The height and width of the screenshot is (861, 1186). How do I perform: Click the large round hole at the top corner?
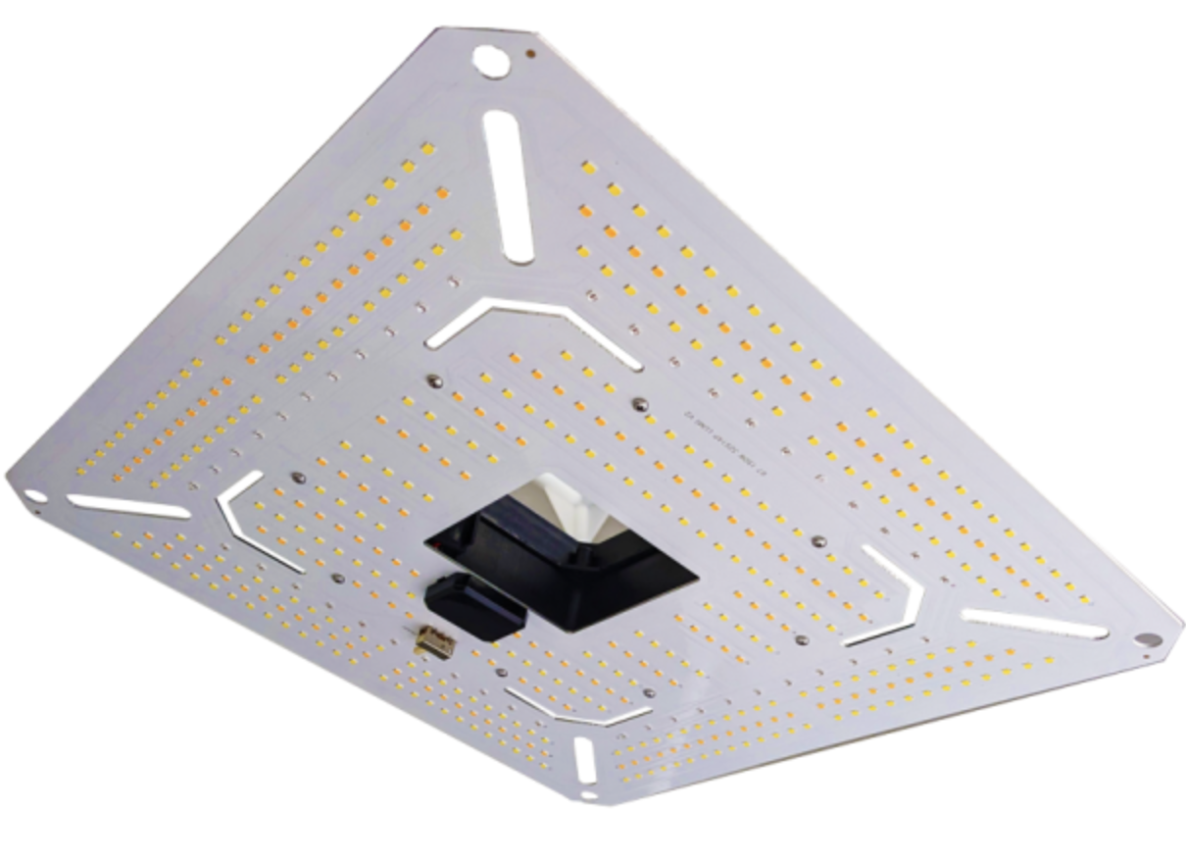pyautogui.click(x=490, y=60)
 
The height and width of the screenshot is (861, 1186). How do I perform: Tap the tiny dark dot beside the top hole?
pyautogui.click(x=530, y=55)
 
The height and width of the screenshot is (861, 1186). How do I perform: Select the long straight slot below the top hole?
pyautogui.click(x=509, y=185)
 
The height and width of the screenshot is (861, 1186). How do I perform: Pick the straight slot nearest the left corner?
pyautogui.click(x=127, y=506)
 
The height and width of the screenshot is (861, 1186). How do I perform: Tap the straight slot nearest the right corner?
pyautogui.click(x=1035, y=624)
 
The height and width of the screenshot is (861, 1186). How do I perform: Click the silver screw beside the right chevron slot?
pyautogui.click(x=816, y=539)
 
